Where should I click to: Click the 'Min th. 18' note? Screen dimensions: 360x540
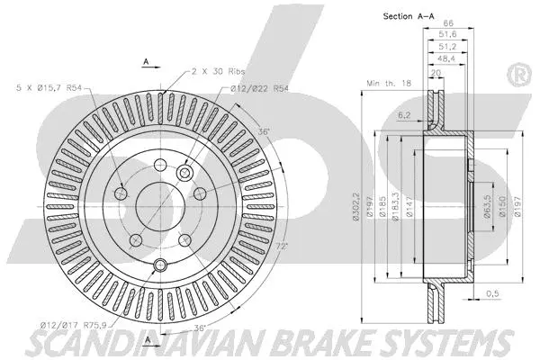click(x=387, y=83)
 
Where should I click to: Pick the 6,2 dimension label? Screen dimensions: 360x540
click(x=402, y=114)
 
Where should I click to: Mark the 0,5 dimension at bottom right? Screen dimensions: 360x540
click(x=492, y=293)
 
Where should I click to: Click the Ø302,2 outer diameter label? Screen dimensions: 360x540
click(x=359, y=199)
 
